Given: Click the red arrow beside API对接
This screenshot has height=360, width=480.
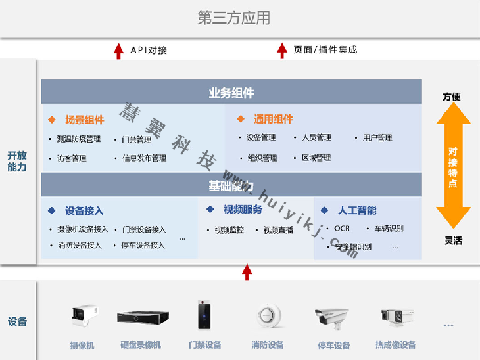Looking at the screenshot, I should click(x=118, y=50).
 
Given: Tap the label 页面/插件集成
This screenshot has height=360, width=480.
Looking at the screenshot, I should click(x=325, y=50).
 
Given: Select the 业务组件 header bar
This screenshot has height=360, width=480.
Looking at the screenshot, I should click(x=231, y=93).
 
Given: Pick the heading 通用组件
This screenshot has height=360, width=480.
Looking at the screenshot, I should click(x=273, y=120).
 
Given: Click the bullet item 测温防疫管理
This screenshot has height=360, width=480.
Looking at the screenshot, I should click(x=79, y=139).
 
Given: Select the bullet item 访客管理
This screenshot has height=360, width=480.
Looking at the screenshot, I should click(x=72, y=158).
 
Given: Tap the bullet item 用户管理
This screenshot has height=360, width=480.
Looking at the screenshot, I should click(x=377, y=138).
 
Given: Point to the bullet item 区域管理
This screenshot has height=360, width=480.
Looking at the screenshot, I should click(x=316, y=158).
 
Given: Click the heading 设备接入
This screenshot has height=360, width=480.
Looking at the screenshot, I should click(x=84, y=211).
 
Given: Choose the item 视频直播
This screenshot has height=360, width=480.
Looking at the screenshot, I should click(x=278, y=230).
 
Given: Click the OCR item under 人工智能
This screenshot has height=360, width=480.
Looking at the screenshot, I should click(x=342, y=229).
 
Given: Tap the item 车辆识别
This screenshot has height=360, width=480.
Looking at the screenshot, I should click(x=389, y=229).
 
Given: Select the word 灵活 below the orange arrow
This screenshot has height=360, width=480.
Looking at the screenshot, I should click(x=453, y=240).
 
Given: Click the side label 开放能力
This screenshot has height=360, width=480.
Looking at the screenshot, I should click(x=17, y=162).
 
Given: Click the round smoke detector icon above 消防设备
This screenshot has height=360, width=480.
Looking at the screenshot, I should click(x=267, y=316).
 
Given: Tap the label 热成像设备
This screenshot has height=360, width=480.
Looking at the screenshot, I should click(x=395, y=345).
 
